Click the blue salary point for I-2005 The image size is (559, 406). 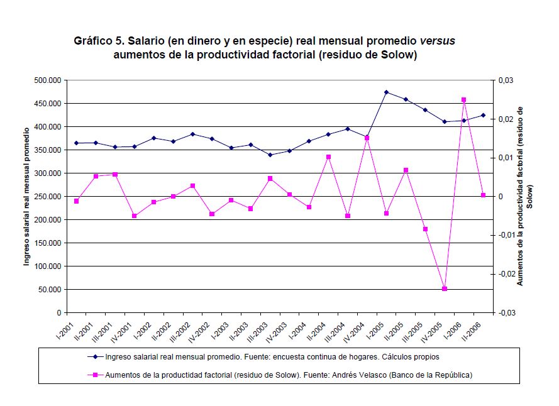tap(386, 92)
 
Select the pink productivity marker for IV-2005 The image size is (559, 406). tap(444, 288)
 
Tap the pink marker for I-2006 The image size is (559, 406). tap(463, 100)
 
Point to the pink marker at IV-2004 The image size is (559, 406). tap(367, 138)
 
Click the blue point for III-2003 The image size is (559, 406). tap(270, 155)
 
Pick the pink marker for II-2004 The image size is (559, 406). tap(328, 157)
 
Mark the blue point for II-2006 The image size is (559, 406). tap(483, 115)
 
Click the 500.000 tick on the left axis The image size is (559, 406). tap(48, 80)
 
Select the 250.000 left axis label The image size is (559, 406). tap(48, 197)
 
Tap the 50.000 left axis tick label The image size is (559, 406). tap(50, 290)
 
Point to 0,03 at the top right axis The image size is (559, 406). tap(505, 80)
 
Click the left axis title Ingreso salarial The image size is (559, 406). tap(27, 195)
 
